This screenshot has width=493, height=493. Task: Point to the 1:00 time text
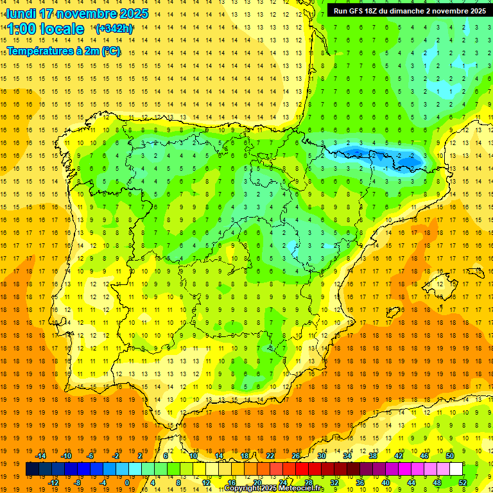pos(21,29)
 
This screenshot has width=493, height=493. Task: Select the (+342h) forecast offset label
pos(114,29)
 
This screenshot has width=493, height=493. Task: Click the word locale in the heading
pos(62,29)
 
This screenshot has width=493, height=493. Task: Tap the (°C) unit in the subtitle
pos(110,51)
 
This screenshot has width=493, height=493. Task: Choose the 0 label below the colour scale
pos(126,483)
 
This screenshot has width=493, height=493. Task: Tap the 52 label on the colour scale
pos(463,483)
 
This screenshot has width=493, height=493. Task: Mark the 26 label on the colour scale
pos(296,456)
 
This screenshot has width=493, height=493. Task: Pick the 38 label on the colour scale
pos(373,456)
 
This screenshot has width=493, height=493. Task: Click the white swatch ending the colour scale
pos(456,469)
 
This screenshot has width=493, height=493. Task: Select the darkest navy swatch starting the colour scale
pos(32,469)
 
